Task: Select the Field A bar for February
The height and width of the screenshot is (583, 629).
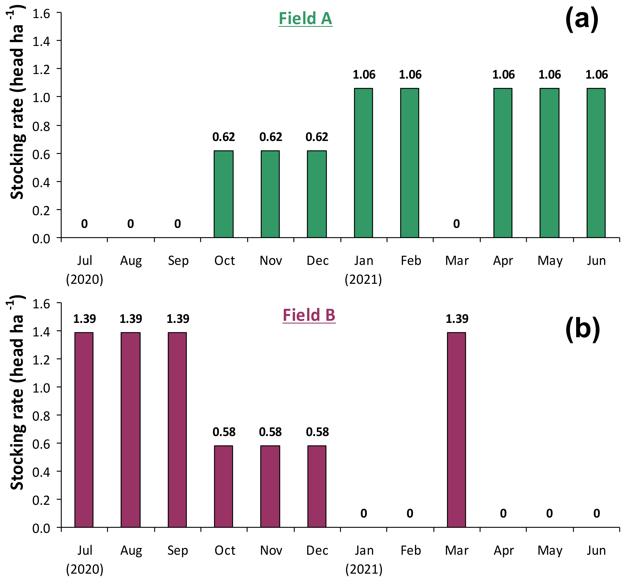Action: [410, 163]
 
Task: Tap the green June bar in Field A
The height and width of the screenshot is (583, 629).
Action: [596, 163]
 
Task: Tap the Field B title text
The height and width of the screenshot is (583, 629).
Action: [309, 315]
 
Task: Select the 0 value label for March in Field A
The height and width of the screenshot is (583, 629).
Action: [456, 224]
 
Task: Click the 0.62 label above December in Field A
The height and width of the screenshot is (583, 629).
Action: [317, 137]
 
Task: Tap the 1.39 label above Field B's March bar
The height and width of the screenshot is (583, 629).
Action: [457, 319]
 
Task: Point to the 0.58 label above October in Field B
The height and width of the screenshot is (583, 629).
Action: [224, 432]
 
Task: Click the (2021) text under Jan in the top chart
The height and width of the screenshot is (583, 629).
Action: [363, 279]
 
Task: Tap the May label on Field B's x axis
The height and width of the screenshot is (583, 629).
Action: [550, 551]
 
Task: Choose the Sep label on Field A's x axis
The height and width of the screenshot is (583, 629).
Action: [178, 261]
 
